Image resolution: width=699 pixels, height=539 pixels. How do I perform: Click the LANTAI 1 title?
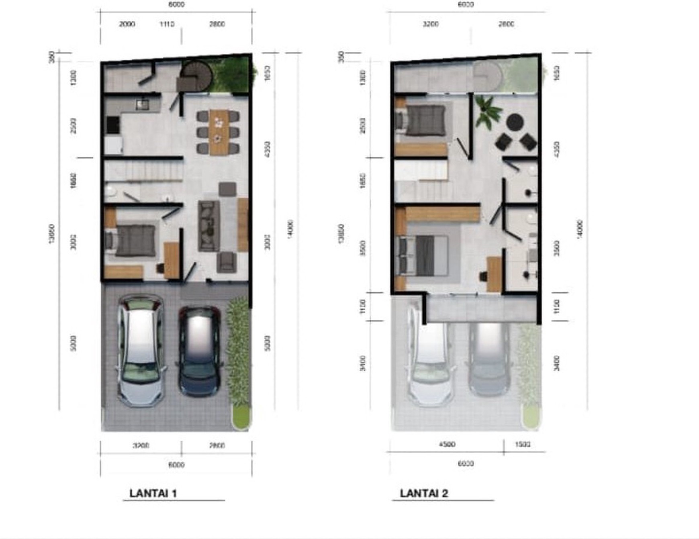click(153, 493)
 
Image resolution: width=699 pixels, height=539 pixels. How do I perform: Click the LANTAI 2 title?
click(424, 493)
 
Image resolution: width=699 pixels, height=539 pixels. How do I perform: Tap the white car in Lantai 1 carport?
click(141, 351)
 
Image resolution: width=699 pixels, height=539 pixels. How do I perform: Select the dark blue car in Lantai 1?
click(200, 351)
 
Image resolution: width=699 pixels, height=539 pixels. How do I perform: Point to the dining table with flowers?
click(219, 132)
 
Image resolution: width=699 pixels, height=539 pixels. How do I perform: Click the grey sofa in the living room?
click(209, 226)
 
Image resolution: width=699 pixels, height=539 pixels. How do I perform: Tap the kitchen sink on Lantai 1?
click(141, 104)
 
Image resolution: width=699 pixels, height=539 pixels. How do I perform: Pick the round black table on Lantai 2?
click(515, 122)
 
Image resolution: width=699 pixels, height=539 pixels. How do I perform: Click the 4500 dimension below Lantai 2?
click(447, 444)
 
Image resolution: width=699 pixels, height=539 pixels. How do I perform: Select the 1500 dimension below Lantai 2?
click(523, 444)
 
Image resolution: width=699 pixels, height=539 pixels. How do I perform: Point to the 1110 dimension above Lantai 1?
click(167, 24)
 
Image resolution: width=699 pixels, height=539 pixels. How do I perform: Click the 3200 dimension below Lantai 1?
click(141, 445)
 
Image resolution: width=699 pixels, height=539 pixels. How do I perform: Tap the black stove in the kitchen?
click(112, 125)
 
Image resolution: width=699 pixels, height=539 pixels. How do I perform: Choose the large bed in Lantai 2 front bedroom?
click(424, 255)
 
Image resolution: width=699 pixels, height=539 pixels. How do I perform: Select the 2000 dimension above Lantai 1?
click(127, 24)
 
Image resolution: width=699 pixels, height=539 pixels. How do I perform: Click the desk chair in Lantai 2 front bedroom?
click(483, 276)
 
